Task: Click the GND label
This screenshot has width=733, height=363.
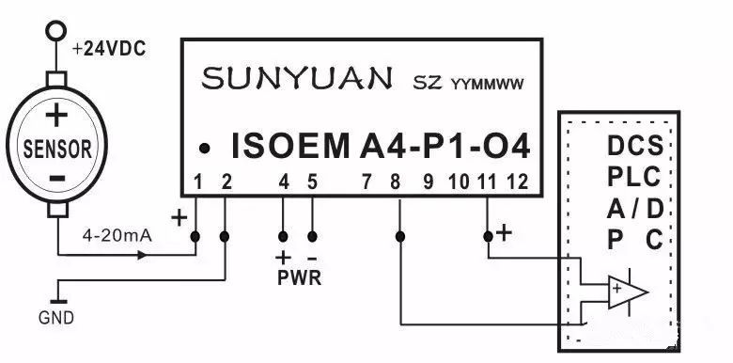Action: (x=56, y=318)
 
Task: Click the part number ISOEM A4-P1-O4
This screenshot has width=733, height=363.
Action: (x=381, y=147)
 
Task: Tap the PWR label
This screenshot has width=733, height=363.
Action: (x=297, y=277)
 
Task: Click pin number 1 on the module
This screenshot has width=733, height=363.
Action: (x=197, y=181)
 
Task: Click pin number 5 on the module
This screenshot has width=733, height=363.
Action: (x=312, y=181)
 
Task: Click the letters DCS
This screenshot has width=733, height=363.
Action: (x=634, y=147)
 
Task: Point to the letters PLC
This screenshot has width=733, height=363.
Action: (x=634, y=177)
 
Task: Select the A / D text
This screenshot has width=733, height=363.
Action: (x=634, y=208)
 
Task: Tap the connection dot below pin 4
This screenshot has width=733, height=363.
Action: (x=283, y=235)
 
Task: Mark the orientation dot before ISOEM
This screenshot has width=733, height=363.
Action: (x=204, y=149)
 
